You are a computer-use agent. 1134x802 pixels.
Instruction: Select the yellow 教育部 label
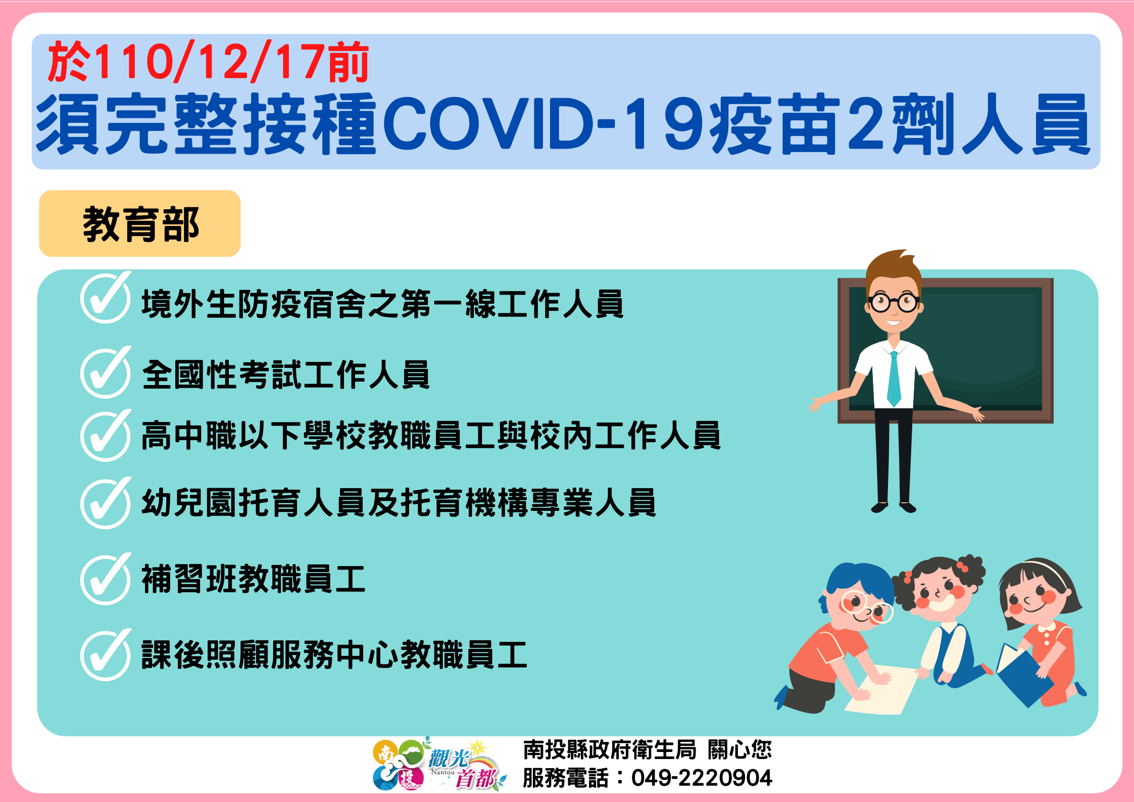pyautogui.click(x=140, y=223)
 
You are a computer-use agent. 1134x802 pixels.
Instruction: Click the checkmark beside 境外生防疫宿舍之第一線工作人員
pyautogui.click(x=106, y=298)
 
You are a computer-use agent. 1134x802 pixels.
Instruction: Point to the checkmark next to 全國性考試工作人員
pyautogui.click(x=106, y=372)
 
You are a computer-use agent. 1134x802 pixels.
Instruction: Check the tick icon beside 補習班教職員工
pyautogui.click(x=106, y=579)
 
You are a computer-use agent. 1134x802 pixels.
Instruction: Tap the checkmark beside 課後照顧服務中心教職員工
pyautogui.click(x=106, y=655)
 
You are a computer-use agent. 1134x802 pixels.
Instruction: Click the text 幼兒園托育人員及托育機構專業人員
pyautogui.click(x=399, y=503)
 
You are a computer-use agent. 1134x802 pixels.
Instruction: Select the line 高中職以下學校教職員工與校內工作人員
pyautogui.click(x=431, y=436)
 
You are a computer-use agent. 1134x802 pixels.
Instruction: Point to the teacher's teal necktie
pyautogui.click(x=894, y=379)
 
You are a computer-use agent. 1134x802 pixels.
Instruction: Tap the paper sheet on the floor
pyautogui.click(x=881, y=690)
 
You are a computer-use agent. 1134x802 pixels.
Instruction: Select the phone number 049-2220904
pyautogui.click(x=702, y=778)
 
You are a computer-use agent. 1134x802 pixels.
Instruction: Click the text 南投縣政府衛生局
pyautogui.click(x=610, y=749)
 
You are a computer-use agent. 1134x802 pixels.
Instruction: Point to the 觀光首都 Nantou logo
pyautogui.click(x=439, y=764)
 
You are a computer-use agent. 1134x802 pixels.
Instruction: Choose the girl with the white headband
pyautogui.click(x=1041, y=632)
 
